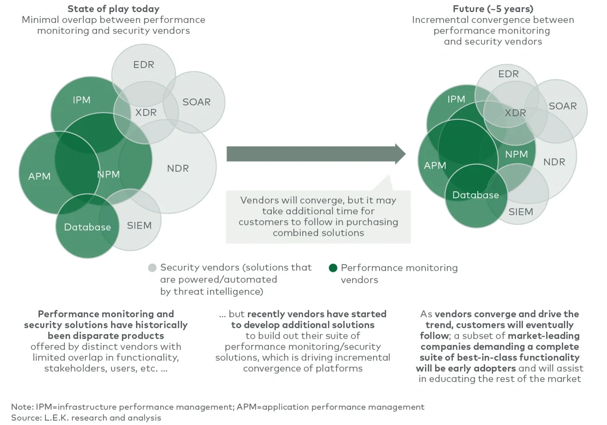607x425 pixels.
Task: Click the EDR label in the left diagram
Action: pyautogui.click(x=143, y=65)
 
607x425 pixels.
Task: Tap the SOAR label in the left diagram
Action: pyautogui.click(x=196, y=102)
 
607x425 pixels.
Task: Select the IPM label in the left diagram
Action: pyautogui.click(x=82, y=100)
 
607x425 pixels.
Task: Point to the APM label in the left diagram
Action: pyautogui.click(x=39, y=176)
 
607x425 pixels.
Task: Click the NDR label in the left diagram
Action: pyautogui.click(x=178, y=168)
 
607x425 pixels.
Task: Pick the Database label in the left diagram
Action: pyautogui.click(x=87, y=227)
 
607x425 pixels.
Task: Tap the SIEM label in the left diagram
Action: pyautogui.click(x=139, y=226)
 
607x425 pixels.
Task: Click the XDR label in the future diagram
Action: pyautogui.click(x=515, y=113)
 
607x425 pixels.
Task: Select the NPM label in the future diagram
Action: pyautogui.click(x=516, y=154)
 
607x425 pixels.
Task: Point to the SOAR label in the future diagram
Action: pyautogui.click(x=563, y=106)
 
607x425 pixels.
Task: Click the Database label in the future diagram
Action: pyautogui.click(x=475, y=195)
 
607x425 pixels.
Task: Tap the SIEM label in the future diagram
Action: pyautogui.click(x=521, y=212)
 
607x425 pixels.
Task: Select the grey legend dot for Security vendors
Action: pyautogui.click(x=152, y=268)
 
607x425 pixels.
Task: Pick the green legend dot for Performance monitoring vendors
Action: pyautogui.click(x=333, y=268)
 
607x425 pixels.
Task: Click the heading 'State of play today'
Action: pyautogui.click(x=113, y=9)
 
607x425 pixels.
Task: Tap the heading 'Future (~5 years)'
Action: pyautogui.click(x=493, y=9)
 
